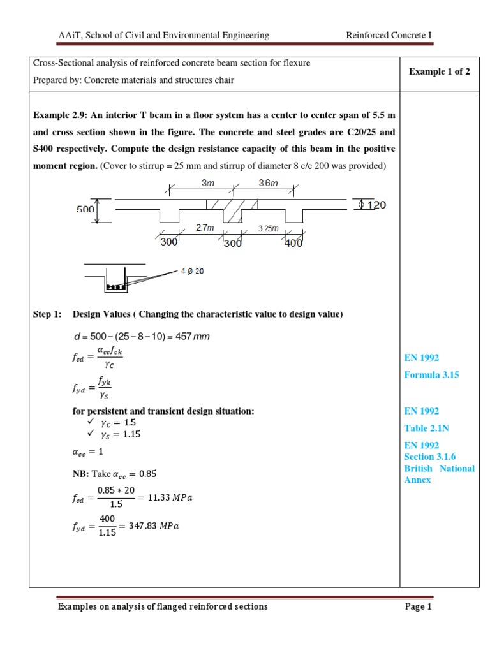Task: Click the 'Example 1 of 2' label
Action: (439, 71)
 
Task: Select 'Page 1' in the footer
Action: (419, 606)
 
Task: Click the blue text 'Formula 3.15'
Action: (431, 375)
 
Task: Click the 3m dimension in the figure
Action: (208, 182)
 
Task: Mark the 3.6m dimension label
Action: (269, 182)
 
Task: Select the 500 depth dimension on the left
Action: (85, 209)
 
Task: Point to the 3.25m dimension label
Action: (268, 228)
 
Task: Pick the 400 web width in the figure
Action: (293, 242)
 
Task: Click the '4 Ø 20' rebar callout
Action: (192, 271)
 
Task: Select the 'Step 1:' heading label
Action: (47, 314)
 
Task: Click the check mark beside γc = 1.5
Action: (89, 423)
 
